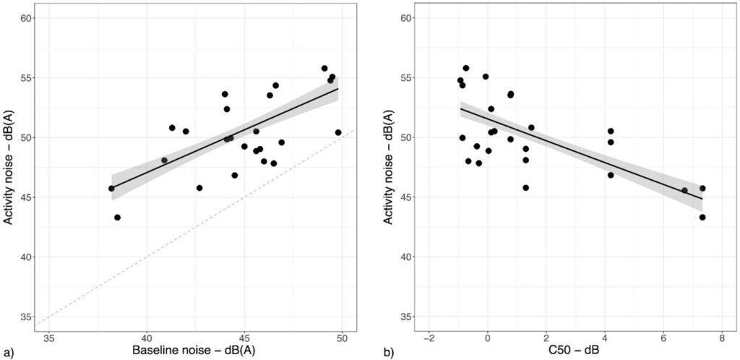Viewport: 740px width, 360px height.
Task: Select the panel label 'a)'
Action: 9,353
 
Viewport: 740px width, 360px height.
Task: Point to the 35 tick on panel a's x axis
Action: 50,337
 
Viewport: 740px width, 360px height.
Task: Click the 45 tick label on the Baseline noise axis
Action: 244,337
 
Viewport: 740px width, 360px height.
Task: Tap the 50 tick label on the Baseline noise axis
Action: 343,337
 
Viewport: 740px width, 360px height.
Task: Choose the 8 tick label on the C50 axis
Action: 722,337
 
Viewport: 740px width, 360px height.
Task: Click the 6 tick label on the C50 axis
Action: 663,337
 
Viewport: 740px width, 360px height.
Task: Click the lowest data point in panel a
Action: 117,217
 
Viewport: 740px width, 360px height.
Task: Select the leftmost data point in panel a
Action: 111,188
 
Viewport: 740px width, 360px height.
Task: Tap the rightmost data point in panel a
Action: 338,132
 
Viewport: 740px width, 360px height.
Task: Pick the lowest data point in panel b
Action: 702,217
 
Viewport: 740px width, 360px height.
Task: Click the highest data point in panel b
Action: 466,68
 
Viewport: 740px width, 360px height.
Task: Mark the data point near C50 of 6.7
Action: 684,190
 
